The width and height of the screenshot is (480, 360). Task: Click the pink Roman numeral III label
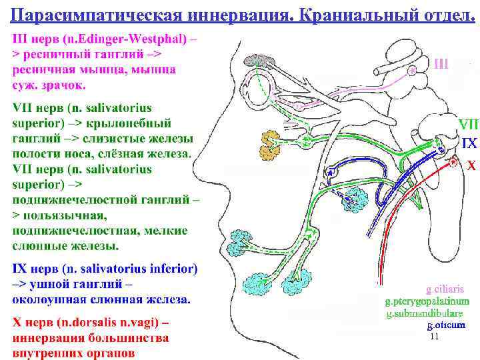click(x=442, y=64)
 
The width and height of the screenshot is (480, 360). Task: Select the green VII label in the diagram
click(x=467, y=125)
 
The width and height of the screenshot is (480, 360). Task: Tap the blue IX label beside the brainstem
click(x=469, y=143)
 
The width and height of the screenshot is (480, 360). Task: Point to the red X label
click(x=470, y=165)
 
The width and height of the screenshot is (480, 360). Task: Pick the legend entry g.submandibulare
click(x=424, y=313)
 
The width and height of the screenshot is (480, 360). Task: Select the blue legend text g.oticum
click(x=446, y=325)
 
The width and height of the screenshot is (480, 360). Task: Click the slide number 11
click(x=435, y=337)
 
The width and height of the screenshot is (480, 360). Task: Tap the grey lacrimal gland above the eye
click(x=263, y=61)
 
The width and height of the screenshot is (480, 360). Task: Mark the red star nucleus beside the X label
click(x=453, y=161)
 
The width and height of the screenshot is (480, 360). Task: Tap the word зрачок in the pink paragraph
click(x=65, y=85)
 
